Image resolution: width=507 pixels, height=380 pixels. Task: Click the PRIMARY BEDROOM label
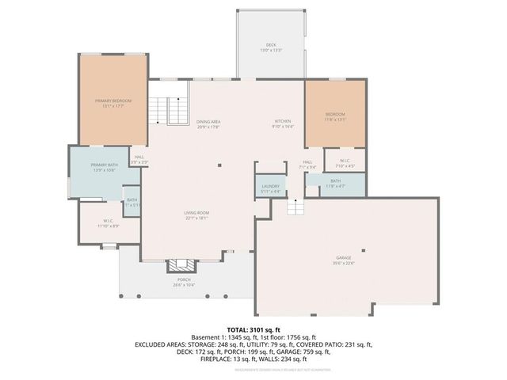click(x=112, y=102)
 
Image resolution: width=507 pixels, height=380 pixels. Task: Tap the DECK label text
click(x=271, y=46)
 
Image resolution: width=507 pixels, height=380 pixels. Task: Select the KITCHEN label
click(x=283, y=122)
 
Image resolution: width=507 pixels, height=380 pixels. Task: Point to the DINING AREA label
click(x=208, y=122)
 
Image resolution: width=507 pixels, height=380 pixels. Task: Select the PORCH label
click(x=183, y=281)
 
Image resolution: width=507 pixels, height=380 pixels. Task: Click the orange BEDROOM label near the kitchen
click(x=335, y=116)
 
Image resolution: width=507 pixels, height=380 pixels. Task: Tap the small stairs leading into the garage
click(x=295, y=207)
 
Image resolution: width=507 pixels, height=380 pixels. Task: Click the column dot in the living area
click(x=220, y=166)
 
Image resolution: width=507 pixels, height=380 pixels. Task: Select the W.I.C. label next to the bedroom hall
click(x=345, y=162)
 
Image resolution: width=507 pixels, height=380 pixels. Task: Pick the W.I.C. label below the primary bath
click(x=109, y=222)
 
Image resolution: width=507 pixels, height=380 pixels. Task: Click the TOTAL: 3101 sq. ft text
click(x=253, y=329)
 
